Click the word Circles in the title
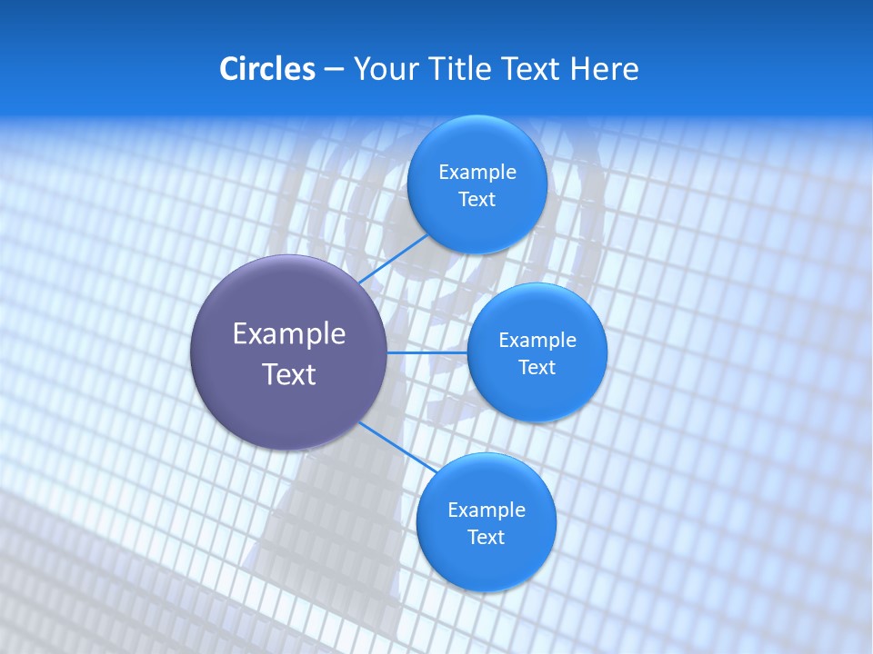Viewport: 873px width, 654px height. tap(267, 69)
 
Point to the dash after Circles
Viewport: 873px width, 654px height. tap(334, 70)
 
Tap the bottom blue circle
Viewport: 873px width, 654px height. tap(486, 563)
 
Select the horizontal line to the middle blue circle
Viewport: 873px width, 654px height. tap(427, 352)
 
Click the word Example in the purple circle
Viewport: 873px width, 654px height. tap(289, 334)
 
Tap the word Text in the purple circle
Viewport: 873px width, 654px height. tap(289, 374)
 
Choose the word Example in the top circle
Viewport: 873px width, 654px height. tap(477, 173)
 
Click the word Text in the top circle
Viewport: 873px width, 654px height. tap(477, 200)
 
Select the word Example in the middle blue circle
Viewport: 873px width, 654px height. tap(537, 341)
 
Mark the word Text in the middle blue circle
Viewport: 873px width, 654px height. tap(537, 368)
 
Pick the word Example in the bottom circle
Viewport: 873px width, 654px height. tap(487, 510)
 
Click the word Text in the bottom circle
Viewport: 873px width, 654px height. tap(486, 538)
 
